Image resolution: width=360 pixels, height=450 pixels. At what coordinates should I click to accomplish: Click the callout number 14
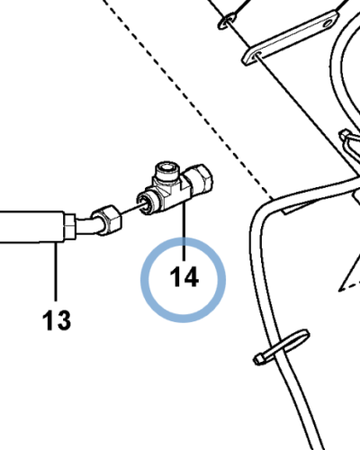pyautogui.click(x=184, y=277)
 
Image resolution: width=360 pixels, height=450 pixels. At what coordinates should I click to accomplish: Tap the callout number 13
pyautogui.click(x=57, y=320)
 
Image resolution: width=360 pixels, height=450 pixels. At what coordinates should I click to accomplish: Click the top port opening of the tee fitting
pyautogui.click(x=166, y=166)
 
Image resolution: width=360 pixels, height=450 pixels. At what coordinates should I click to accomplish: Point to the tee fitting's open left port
pyautogui.click(x=144, y=204)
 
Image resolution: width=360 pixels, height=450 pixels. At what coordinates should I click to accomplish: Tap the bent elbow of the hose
pyautogui.click(x=88, y=226)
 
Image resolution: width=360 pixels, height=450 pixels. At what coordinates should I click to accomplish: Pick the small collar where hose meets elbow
pyautogui.click(x=69, y=227)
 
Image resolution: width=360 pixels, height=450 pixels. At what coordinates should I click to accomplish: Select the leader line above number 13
pyautogui.click(x=56, y=272)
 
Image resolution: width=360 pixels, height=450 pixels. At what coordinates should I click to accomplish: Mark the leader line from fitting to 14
pyautogui.click(x=184, y=230)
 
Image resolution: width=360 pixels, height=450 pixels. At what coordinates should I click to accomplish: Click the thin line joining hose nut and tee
pyautogui.click(x=130, y=209)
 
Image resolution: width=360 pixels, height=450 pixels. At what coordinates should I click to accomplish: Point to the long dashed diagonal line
pyautogui.click(x=187, y=99)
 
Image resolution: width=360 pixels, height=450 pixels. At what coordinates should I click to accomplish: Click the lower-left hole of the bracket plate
pyautogui.click(x=257, y=55)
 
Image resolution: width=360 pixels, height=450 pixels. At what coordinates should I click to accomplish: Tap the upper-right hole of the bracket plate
pyautogui.click(x=328, y=22)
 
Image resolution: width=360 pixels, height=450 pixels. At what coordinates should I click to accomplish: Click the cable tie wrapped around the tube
pyautogui.click(x=282, y=346)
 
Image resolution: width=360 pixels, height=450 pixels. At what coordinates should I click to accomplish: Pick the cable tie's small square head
pyautogui.click(x=259, y=358)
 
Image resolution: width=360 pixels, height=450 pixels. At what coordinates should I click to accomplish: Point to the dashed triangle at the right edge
pyautogui.click(x=350, y=279)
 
